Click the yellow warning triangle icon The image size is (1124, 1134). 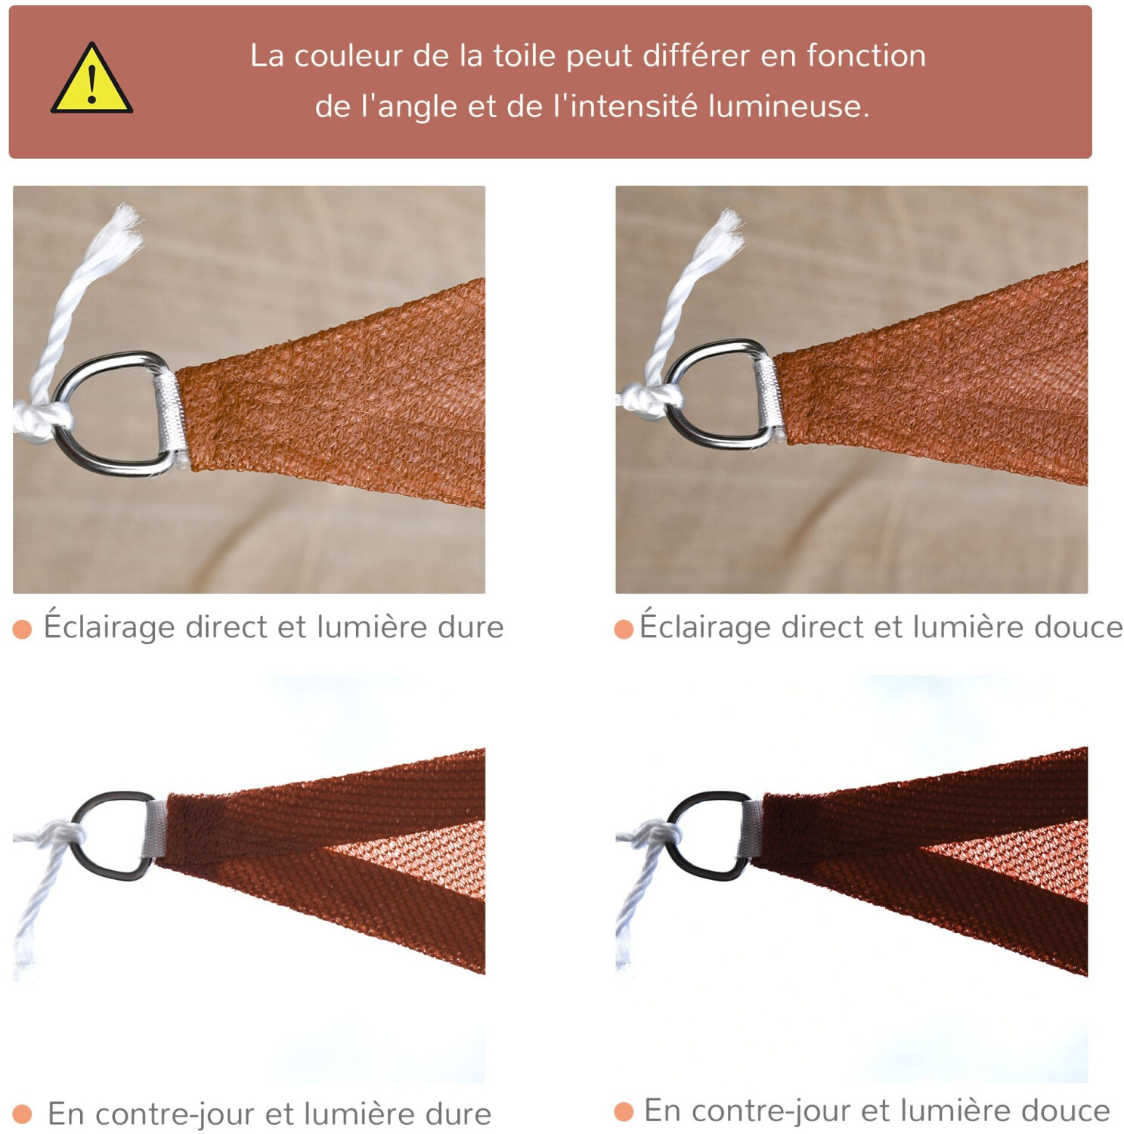coord(91,79)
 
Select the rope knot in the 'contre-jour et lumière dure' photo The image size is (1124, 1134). coord(63,836)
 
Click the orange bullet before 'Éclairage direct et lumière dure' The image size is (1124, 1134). coord(23,629)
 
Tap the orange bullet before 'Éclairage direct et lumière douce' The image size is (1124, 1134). coord(624,629)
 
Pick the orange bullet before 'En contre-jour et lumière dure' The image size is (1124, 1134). coord(23,1114)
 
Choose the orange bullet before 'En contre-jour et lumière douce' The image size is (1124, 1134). coord(624,1111)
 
